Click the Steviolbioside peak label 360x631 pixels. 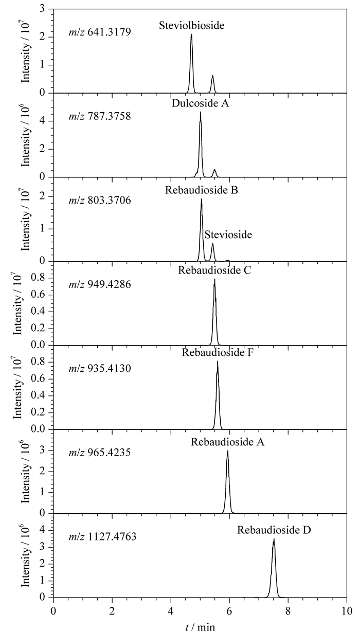coord(191,26)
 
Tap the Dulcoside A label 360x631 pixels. coord(200,103)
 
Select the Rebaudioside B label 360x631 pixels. coord(202,190)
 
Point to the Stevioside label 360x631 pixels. coord(228,235)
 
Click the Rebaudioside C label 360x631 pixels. coord(214,271)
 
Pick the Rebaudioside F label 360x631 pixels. coord(218,353)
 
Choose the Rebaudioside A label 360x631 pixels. coord(228,442)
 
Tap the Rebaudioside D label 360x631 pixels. coord(274,530)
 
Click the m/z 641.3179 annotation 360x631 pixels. coord(100,32)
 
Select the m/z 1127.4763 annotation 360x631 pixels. coord(102,536)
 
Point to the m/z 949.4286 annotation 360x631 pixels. coord(100,284)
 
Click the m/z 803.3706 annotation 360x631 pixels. coord(100,201)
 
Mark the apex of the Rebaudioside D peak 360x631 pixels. coord(274,539)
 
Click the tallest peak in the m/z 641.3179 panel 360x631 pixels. coord(191,34)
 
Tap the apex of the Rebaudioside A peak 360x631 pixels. coord(228,451)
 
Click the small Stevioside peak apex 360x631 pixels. coord(213,244)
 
